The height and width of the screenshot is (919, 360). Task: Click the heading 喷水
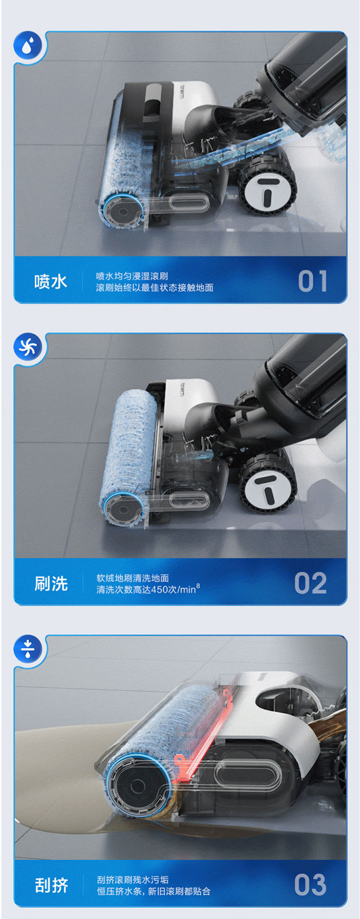click(x=50, y=281)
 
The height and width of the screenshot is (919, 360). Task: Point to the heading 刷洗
click(x=50, y=583)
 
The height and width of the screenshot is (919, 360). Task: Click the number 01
click(x=312, y=281)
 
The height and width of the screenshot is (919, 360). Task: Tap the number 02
click(x=311, y=583)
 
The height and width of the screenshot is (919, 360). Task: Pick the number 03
click(x=311, y=885)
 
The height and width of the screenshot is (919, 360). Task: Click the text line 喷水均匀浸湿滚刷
click(x=132, y=276)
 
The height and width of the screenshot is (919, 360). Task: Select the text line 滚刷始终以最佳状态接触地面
click(x=155, y=288)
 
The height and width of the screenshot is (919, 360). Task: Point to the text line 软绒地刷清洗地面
click(x=132, y=578)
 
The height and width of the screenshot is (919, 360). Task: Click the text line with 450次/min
click(x=148, y=589)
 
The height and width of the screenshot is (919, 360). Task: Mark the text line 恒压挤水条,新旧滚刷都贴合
click(x=154, y=891)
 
